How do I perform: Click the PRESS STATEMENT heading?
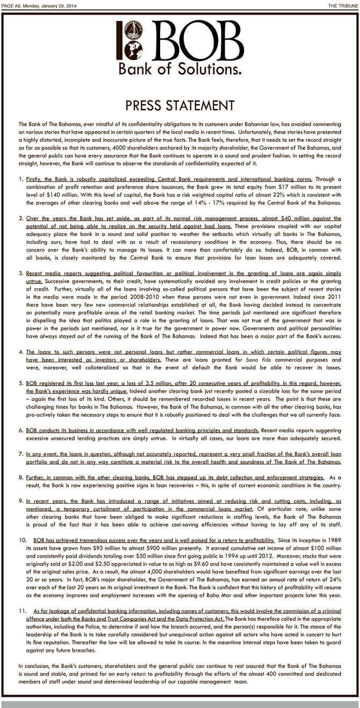pos(179,104)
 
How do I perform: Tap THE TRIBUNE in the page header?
pos(341,5)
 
